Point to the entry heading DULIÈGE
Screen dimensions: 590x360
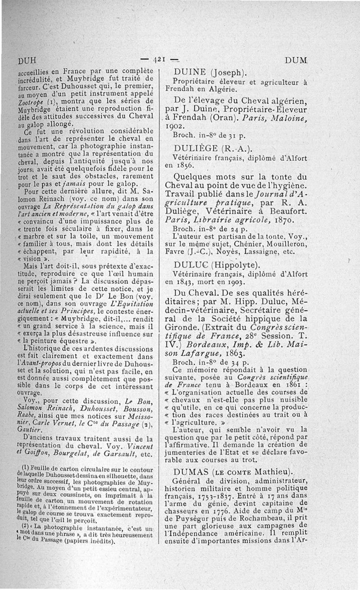coord(196,149)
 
